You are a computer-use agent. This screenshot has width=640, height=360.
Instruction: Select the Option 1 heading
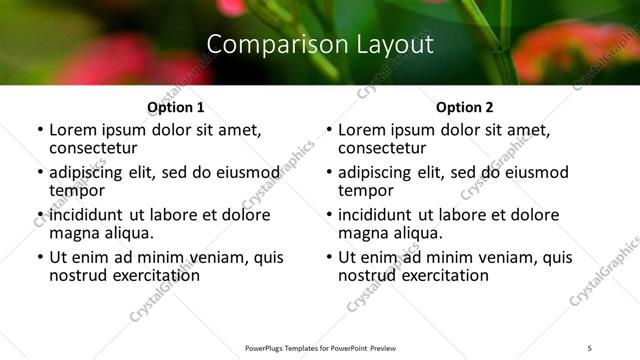[175, 107]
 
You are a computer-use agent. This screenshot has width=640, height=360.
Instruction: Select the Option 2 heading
[464, 107]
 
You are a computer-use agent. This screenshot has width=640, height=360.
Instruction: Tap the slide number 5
[590, 347]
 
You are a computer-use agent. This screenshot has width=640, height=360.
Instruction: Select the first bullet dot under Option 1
[40, 130]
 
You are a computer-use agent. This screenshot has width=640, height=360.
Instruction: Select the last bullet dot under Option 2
[329, 257]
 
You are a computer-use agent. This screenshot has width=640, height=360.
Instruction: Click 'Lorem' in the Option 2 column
[361, 129]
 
